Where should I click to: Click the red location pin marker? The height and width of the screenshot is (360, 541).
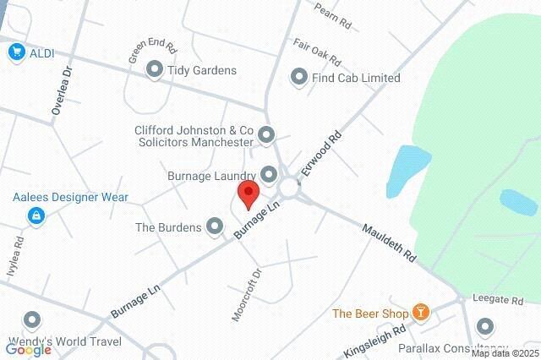(x=248, y=194)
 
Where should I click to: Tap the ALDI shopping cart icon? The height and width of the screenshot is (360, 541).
(x=16, y=53)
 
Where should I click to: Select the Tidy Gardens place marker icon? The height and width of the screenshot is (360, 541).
(x=155, y=70)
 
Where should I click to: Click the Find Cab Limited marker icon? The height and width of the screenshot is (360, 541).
(x=298, y=78)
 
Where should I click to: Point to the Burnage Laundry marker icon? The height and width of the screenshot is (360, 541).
(x=270, y=175)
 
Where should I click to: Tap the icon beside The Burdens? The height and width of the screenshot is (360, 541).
(x=216, y=226)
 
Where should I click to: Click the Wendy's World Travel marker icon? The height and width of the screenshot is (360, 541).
(x=33, y=321)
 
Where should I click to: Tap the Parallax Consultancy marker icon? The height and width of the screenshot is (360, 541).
(x=485, y=326)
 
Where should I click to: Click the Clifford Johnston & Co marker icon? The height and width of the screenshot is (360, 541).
(x=267, y=134)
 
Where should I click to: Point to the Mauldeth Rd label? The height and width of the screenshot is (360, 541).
(x=391, y=243)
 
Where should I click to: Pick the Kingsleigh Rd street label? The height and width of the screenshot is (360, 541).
(x=375, y=341)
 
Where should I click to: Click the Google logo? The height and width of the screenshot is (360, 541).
(x=29, y=349)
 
